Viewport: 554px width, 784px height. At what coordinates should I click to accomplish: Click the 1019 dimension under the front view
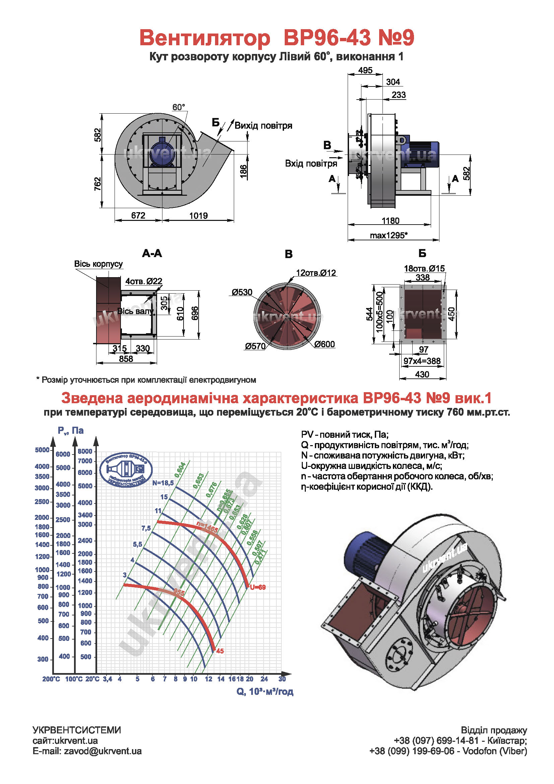coord(199,216)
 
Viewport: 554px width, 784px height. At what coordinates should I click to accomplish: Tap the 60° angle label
coord(179,107)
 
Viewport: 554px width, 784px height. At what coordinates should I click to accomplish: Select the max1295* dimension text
coord(389,235)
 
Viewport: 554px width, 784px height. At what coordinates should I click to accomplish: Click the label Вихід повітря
coord(263,126)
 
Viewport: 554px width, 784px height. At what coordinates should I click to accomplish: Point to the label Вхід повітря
coord(311,164)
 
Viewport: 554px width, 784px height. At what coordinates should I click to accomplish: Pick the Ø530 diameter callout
coord(242,292)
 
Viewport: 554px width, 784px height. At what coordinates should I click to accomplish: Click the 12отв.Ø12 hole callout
coord(316,273)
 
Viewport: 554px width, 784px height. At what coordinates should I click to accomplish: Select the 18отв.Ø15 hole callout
coord(424,268)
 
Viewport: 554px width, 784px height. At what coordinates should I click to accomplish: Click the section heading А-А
coord(152,253)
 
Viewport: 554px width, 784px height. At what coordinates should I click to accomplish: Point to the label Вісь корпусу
coord(98,264)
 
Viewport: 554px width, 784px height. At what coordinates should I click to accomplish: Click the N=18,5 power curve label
coord(163,483)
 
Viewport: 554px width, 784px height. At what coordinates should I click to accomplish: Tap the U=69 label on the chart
coord(258,587)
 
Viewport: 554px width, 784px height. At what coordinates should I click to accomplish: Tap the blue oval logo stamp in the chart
coord(126,470)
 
